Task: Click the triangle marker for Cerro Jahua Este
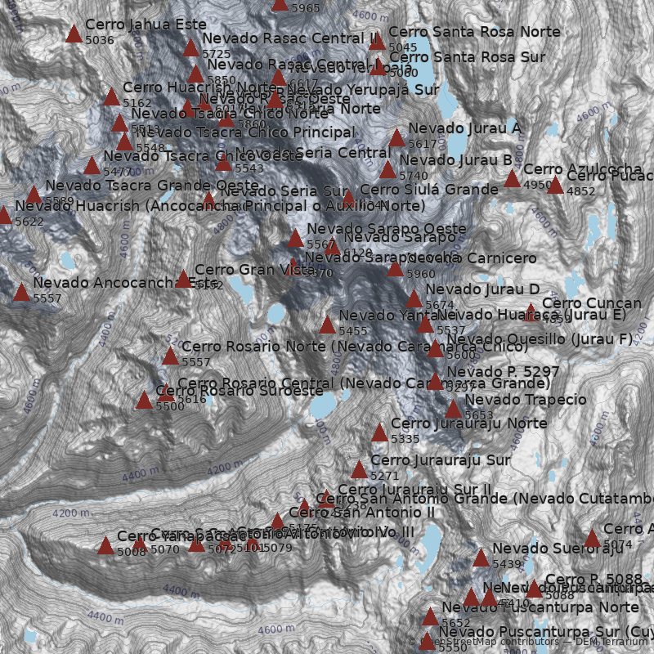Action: coord(74,34)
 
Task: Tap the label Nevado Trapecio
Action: coord(525,400)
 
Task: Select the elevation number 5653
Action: coord(479,415)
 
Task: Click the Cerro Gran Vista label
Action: coord(254,270)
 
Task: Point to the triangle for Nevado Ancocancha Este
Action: coord(21,293)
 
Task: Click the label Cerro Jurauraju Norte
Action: coord(468,423)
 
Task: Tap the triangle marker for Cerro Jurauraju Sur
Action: coord(359,470)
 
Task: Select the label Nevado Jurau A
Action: coord(464,128)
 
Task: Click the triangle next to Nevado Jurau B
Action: coord(387,170)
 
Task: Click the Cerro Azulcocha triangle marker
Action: coord(512,179)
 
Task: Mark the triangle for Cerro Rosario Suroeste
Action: coord(144,401)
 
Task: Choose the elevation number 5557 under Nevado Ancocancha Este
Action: coord(47,299)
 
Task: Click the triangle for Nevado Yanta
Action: coord(327,325)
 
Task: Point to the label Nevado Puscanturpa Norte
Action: coord(540,607)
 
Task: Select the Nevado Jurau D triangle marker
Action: coord(414,299)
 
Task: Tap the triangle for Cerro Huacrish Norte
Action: coord(111,97)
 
